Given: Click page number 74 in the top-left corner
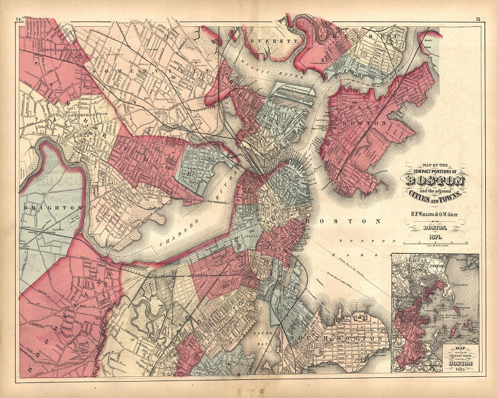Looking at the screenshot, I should pos(19,21).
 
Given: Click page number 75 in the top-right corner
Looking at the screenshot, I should pos(477,21).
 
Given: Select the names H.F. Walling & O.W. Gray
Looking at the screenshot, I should pos(436,214).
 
